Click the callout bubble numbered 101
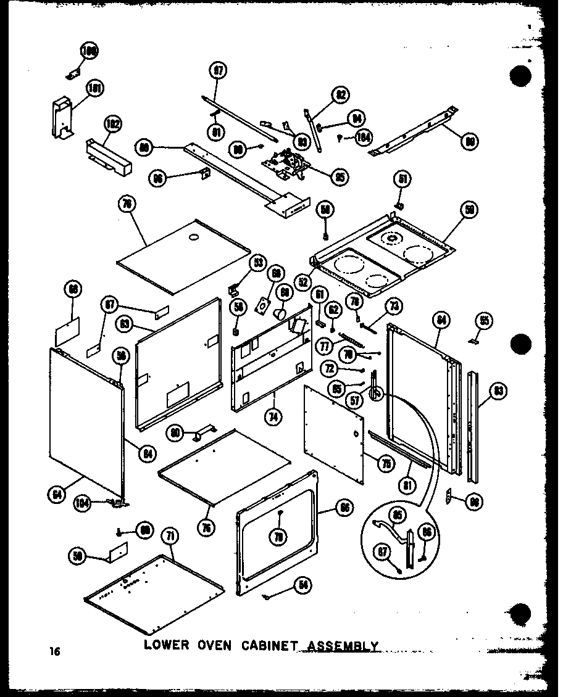pyautogui.click(x=93, y=88)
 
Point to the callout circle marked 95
pyautogui.click(x=339, y=176)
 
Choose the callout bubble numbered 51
pyautogui.click(x=403, y=180)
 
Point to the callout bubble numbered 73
pyautogui.click(x=393, y=306)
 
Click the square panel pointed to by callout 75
pyautogui.click(x=334, y=435)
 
